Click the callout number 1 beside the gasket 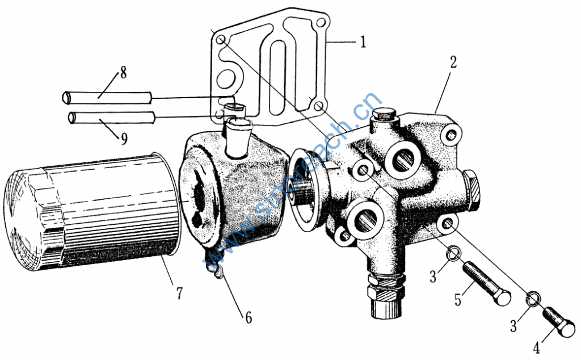[363, 41]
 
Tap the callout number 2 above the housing [453, 62]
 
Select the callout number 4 [537, 348]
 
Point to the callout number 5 [458, 300]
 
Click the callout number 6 [249, 318]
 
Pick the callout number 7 [179, 293]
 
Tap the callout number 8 [123, 73]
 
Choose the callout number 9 [124, 139]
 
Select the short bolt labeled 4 [559, 322]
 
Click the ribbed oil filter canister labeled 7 [92, 211]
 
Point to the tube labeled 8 [107, 98]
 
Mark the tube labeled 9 [111, 118]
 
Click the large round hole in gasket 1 [225, 79]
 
